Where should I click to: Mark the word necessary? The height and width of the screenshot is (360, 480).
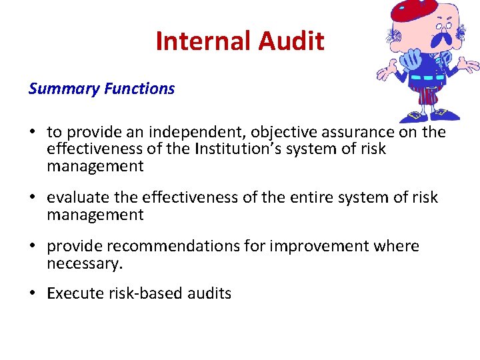[x=85, y=263]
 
